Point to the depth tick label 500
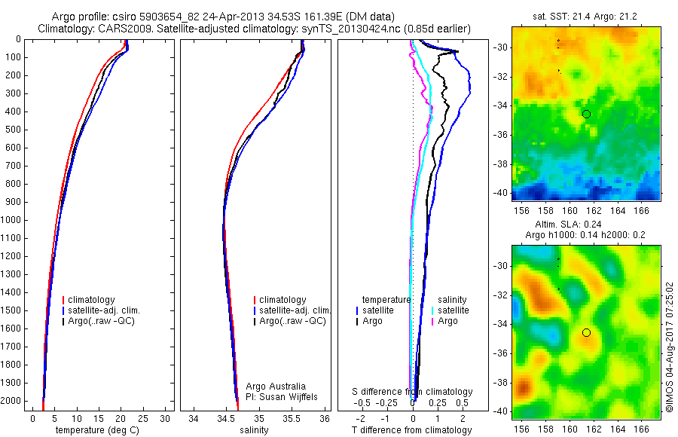(13, 130)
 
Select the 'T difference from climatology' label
(411, 430)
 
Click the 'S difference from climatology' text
(412, 392)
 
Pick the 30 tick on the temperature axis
(166, 418)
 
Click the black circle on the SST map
(586, 114)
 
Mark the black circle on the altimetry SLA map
(586, 332)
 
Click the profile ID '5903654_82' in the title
(163, 17)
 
